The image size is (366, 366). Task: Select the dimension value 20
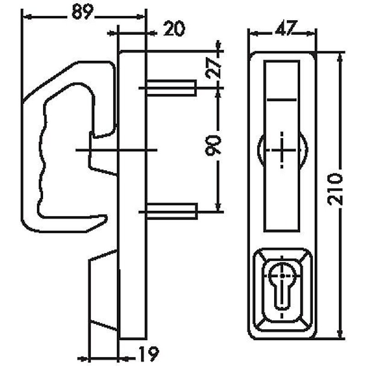174,30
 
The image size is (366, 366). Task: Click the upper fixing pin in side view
172,87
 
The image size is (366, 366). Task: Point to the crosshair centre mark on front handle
281,150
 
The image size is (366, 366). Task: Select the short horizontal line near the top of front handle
281,100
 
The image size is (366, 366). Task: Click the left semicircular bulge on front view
260,151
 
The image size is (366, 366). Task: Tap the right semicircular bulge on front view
302,151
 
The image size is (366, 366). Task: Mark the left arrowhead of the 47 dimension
251,34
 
